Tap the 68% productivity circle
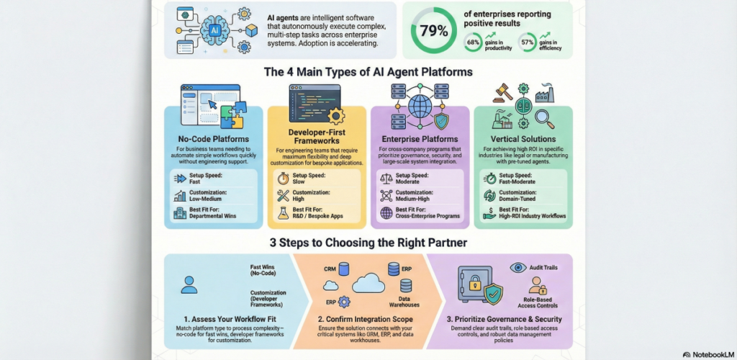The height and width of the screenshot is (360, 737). point(473,45)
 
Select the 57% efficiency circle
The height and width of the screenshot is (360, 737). point(528,45)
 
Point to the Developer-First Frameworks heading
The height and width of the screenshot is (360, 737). point(316,137)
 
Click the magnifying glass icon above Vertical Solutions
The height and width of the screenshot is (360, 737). point(546,116)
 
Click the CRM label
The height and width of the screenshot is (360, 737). point(330,268)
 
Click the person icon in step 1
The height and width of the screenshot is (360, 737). point(189,284)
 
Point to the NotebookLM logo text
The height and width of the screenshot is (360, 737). point(708,354)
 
